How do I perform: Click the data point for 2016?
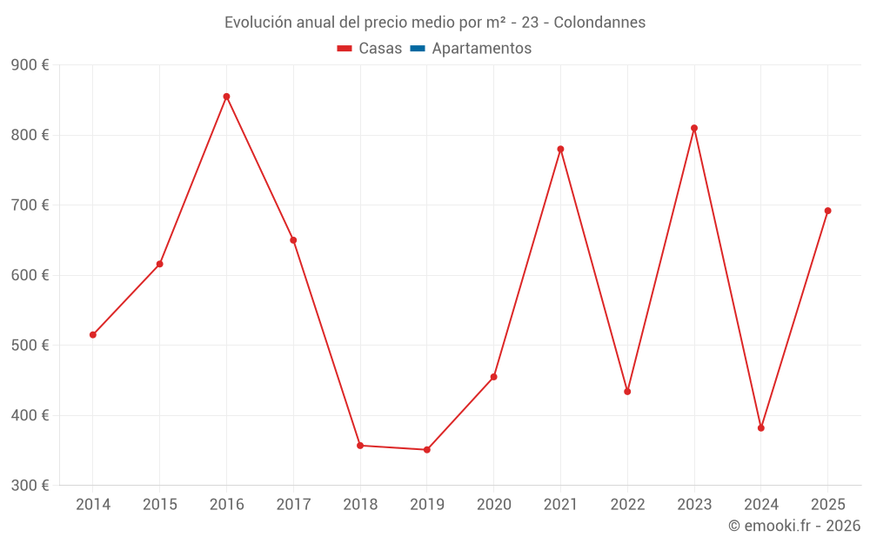point(226,97)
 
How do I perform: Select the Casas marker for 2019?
point(427,450)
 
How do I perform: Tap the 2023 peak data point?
point(694,128)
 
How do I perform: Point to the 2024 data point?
point(761,428)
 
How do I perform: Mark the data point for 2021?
point(560,149)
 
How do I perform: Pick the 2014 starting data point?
point(93,335)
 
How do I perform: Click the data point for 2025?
point(827,211)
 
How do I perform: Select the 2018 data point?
point(360,446)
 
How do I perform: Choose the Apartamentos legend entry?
point(481,49)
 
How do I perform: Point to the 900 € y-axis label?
point(30,65)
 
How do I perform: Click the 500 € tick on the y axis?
point(30,346)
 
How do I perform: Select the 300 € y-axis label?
point(30,486)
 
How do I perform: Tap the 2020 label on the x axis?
point(493,505)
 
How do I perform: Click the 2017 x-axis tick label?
point(293,505)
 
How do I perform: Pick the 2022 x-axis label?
point(627,505)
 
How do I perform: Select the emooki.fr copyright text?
point(794,526)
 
